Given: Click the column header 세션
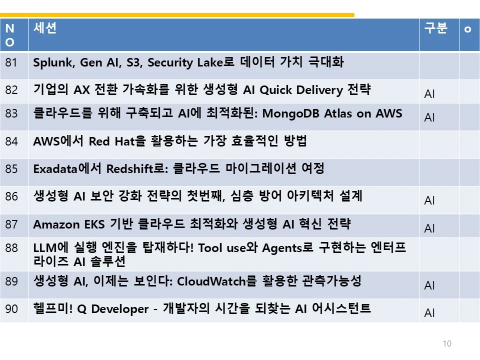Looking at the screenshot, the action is click(45, 28).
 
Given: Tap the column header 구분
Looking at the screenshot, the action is click(435, 28).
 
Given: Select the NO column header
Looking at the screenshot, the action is click(10, 35).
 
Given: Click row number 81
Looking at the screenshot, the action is click(11, 62).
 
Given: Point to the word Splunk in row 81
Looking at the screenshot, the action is click(52, 63).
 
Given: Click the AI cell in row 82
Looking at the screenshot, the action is click(429, 94).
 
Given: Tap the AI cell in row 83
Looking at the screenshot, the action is click(429, 117).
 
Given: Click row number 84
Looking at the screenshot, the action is click(11, 141).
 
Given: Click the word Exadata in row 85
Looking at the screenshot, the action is click(55, 169).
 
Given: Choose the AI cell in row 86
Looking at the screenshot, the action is click(429, 200).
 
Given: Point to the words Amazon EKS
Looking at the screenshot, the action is click(69, 224).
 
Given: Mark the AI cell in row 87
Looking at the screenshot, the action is click(429, 228).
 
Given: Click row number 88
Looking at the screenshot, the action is click(11, 248).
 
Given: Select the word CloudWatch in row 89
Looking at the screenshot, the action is click(211, 281).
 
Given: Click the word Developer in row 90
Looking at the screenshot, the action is click(120, 309).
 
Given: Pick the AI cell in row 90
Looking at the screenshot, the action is click(429, 313).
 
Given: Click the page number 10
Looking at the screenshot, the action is click(447, 343).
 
